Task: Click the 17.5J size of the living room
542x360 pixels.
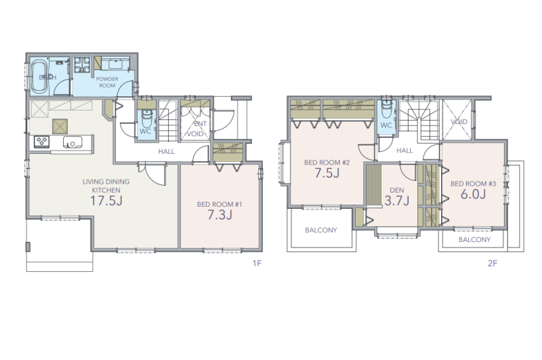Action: [106, 201]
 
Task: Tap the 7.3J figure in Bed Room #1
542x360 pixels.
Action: [220, 215]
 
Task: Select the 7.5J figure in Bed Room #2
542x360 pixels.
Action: [327, 173]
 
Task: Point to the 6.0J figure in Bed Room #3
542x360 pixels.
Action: [473, 194]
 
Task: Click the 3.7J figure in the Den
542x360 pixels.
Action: [397, 201]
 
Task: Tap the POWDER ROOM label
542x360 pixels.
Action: [107, 82]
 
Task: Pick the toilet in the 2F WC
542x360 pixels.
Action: [385, 110]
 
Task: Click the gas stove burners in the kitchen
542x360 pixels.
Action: [42, 142]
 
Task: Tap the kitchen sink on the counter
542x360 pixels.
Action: [72, 142]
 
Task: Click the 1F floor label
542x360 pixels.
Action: [257, 264]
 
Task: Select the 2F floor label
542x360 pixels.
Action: [493, 264]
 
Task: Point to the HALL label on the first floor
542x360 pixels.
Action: [166, 151]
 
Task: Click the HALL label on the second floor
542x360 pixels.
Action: [404, 151]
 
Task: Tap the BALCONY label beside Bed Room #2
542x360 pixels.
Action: [320, 230]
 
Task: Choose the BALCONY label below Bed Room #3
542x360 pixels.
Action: [474, 239]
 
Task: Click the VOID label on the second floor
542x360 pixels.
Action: [459, 122]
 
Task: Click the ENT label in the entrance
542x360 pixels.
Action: [201, 124]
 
